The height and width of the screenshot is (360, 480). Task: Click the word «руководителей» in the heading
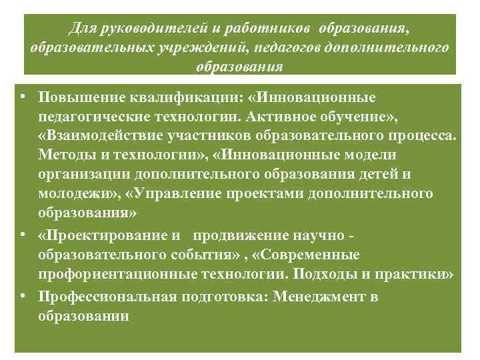tap(141, 29)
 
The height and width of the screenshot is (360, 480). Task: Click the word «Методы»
tap(65, 155)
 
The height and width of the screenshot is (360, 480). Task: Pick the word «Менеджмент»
tap(323, 297)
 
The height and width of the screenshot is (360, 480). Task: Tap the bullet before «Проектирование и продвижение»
tap(23, 235)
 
